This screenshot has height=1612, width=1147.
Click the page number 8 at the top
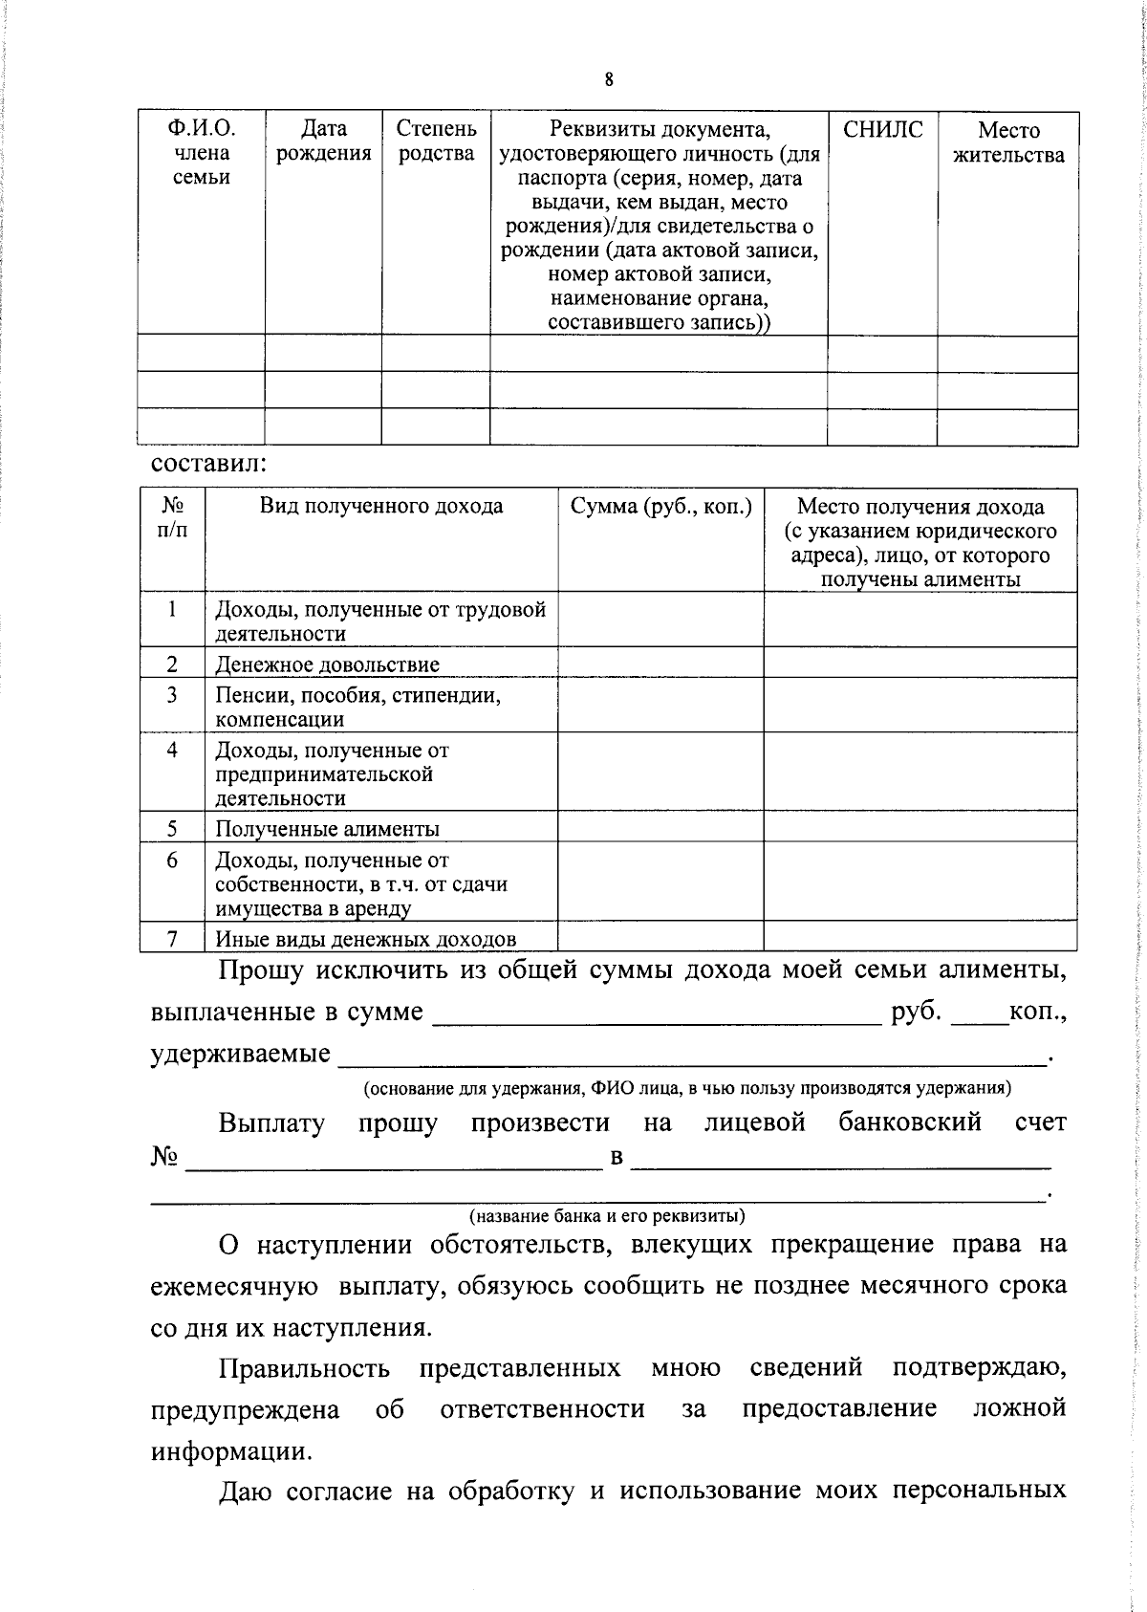609,80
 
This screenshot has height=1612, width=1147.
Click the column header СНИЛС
882,130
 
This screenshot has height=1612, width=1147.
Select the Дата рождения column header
323,142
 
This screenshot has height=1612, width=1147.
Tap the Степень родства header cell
436,142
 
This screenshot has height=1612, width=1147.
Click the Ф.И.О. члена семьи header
201,153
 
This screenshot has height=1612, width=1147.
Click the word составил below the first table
208,465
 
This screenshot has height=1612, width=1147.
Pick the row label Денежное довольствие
327,664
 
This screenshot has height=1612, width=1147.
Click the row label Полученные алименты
327,829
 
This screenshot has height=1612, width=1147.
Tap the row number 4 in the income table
172,751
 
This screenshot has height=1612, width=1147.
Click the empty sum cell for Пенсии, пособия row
660,707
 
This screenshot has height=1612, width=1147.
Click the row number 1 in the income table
172,609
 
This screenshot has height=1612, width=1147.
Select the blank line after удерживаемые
693,1055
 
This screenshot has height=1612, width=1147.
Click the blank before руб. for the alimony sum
657,1013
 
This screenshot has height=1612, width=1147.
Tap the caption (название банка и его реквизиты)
607,1216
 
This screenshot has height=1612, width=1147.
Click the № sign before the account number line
164,1157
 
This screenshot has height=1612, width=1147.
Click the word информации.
230,1451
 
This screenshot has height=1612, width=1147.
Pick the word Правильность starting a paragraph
304,1368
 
